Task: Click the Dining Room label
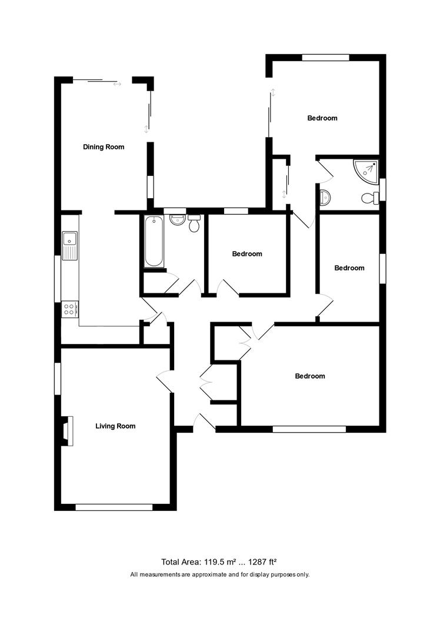pyautogui.click(x=104, y=147)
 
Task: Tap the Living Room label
pyautogui.click(x=115, y=426)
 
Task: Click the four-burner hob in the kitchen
pyautogui.click(x=69, y=309)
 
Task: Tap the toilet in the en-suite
pyautogui.click(x=370, y=198)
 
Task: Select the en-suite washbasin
pyautogui.click(x=324, y=197)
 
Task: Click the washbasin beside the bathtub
pyautogui.click(x=176, y=220)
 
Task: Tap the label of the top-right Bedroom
pyautogui.click(x=322, y=118)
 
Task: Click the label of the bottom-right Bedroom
pyautogui.click(x=310, y=376)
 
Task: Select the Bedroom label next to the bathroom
pyautogui.click(x=247, y=254)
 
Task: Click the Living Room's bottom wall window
pyautogui.click(x=114, y=506)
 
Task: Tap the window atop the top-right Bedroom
pyautogui.click(x=326, y=58)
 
